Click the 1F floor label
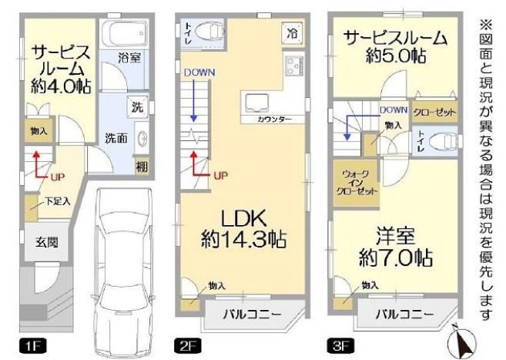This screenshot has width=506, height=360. [28, 345]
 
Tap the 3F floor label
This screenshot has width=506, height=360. [339, 345]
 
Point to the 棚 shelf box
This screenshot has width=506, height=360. [141, 167]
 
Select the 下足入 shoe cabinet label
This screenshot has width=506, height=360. [56, 202]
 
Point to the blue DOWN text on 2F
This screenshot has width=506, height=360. [199, 73]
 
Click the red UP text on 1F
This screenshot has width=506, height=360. [57, 177]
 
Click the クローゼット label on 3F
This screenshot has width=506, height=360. [434, 112]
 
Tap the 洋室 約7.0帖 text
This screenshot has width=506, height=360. [394, 245]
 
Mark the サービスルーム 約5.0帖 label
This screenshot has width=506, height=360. [394, 47]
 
